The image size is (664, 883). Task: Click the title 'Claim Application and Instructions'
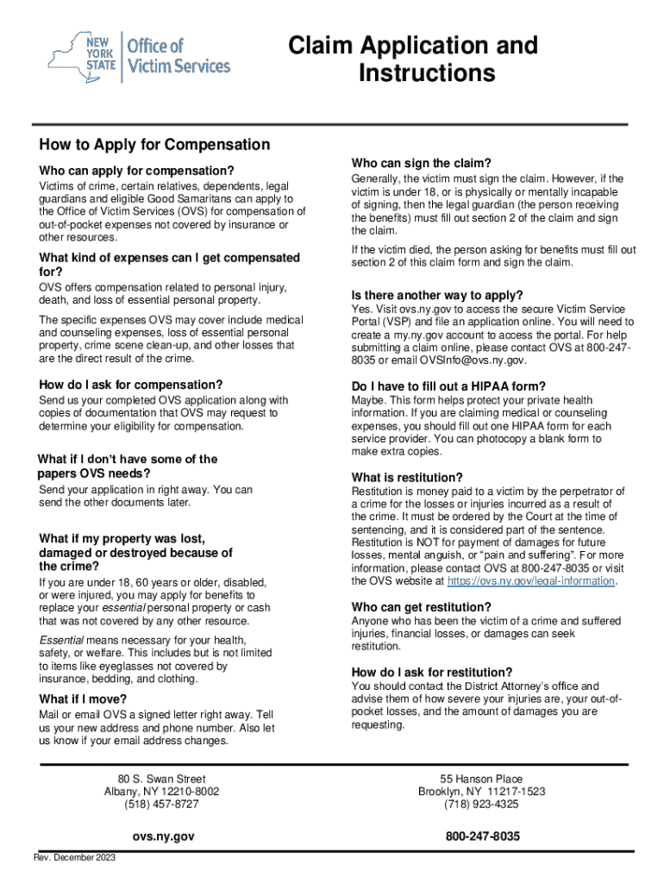pyautogui.click(x=413, y=59)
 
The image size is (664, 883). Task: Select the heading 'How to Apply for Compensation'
pyautogui.click(x=154, y=145)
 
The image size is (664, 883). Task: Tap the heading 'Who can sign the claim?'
pyautogui.click(x=421, y=163)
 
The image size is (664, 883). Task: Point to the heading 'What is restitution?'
pyautogui.click(x=407, y=478)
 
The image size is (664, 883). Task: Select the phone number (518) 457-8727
pyautogui.click(x=162, y=804)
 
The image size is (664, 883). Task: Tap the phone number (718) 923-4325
pyautogui.click(x=481, y=805)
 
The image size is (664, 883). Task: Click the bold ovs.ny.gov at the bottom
pyautogui.click(x=163, y=836)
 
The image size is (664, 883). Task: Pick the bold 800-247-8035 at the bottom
pyautogui.click(x=482, y=836)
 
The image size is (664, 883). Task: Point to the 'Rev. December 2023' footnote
pyautogui.click(x=75, y=857)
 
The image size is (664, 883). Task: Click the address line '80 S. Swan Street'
pyautogui.click(x=162, y=780)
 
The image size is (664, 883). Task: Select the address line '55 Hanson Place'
pyautogui.click(x=481, y=780)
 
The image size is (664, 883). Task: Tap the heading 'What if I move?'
pyautogui.click(x=83, y=698)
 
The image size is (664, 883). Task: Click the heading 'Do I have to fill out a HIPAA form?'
pyautogui.click(x=448, y=386)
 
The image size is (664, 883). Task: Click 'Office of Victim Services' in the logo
pyautogui.click(x=178, y=55)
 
